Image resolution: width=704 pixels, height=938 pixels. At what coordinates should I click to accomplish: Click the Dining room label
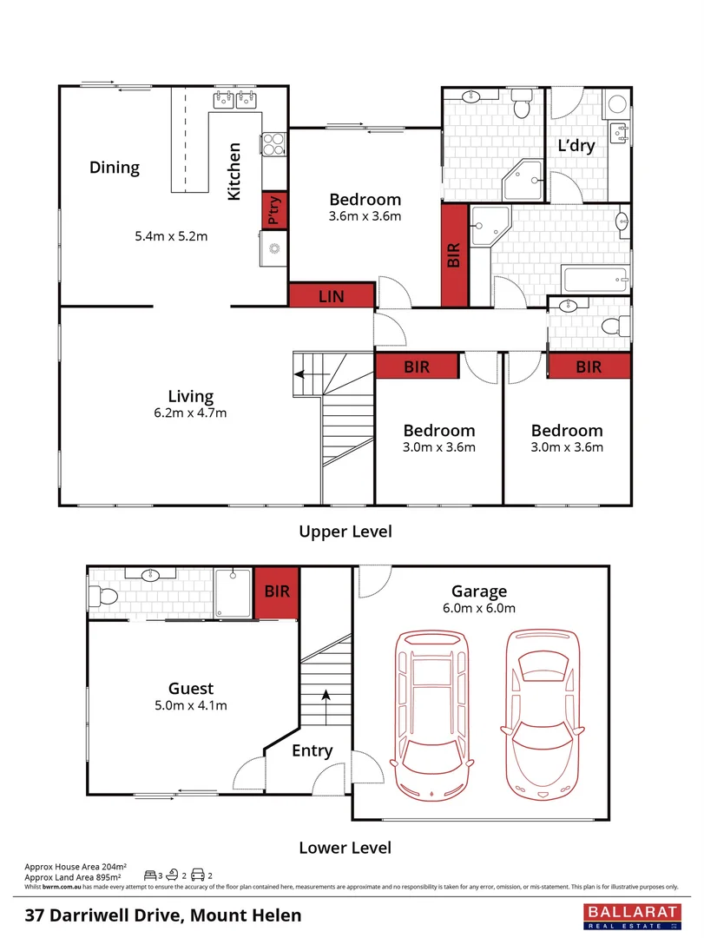click(x=115, y=168)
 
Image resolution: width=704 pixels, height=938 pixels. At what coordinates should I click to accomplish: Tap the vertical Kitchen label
click(x=234, y=173)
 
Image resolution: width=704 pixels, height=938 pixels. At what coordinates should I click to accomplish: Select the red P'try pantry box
click(x=274, y=210)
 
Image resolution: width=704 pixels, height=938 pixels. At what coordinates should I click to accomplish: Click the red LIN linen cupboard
click(x=331, y=296)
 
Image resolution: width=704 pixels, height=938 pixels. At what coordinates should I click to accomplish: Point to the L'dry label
click(x=576, y=146)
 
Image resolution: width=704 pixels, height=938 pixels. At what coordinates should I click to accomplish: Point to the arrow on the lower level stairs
click(x=326, y=696)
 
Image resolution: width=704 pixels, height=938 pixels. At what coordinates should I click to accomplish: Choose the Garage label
click(x=479, y=592)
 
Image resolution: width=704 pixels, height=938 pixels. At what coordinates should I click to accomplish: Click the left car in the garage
click(x=432, y=714)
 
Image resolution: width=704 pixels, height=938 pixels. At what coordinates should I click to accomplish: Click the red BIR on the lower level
click(x=277, y=591)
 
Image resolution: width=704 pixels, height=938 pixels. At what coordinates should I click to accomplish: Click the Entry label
click(x=312, y=751)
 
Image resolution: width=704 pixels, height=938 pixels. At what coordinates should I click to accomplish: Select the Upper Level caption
click(x=345, y=531)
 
